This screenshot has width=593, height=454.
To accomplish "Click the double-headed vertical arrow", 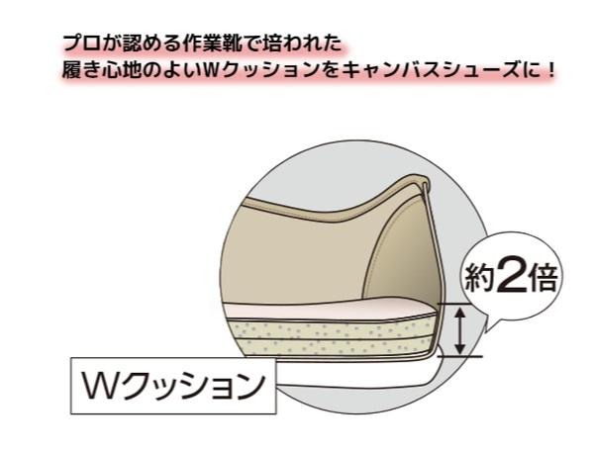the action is coord(459,331).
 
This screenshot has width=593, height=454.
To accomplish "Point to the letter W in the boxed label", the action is coord(99,386).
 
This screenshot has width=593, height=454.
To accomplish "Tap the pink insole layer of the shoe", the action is coord(329,310).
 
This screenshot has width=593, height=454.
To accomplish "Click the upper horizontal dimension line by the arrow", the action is coord(459,305).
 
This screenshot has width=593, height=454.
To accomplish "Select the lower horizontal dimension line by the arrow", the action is coord(459,356).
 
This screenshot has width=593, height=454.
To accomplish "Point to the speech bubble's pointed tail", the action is coord(489,327).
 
